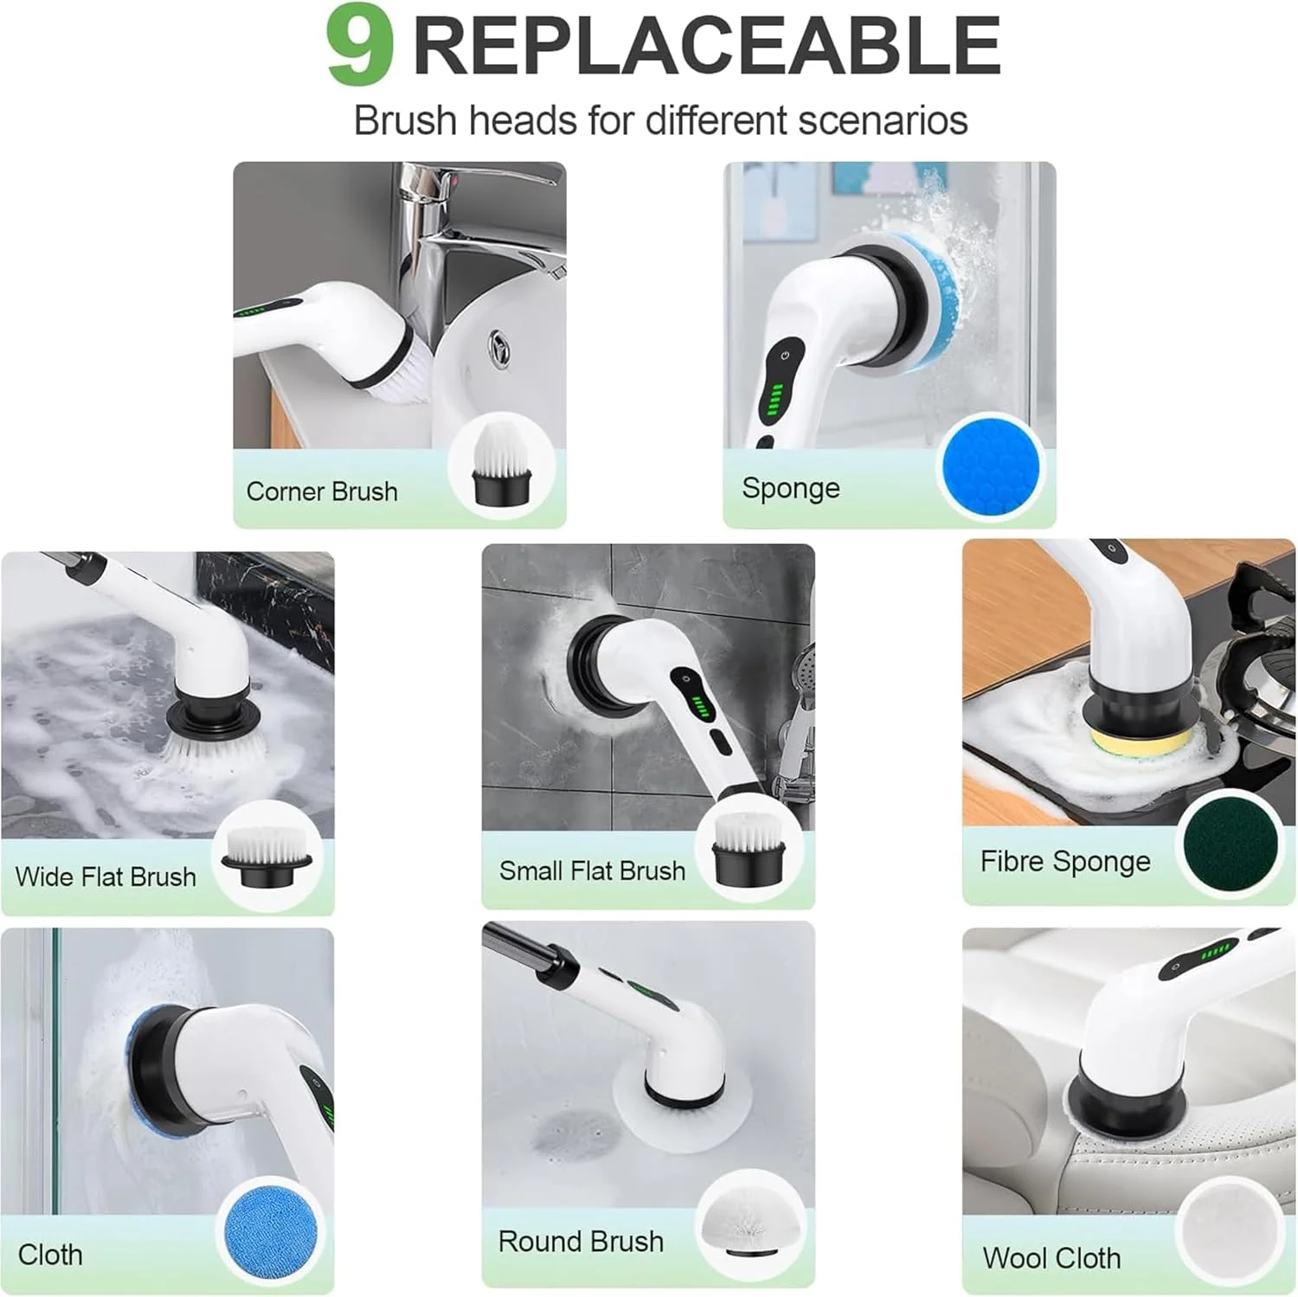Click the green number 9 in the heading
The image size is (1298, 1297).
point(360,48)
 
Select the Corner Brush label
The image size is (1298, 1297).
point(322,491)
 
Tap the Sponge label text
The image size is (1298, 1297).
point(791,489)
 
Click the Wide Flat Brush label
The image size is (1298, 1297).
point(106,876)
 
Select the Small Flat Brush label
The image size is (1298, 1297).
point(592,870)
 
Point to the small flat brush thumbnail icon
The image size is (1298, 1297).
point(748,851)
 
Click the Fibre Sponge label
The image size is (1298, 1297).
point(1065,862)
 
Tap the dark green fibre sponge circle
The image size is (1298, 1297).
point(1230,843)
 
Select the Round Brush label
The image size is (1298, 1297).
point(581,1242)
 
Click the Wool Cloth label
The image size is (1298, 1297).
point(1051,1258)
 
